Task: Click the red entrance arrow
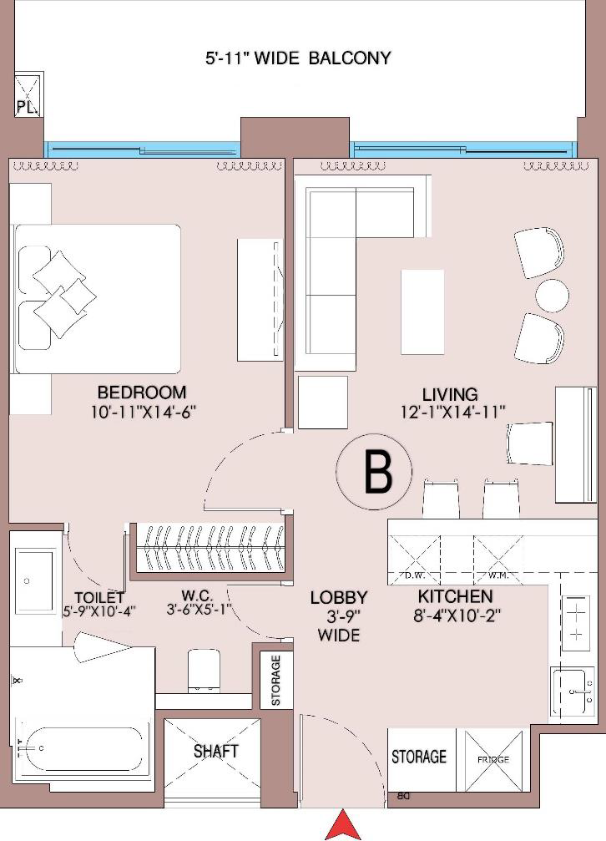point(343,826)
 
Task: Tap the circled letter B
point(374,472)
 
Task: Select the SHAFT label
point(215,751)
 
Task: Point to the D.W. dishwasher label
point(415,576)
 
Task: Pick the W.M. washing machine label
point(499,576)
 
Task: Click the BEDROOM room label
point(142,393)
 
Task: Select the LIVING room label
point(450,395)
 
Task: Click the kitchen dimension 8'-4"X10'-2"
point(457,616)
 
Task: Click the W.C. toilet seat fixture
point(204,671)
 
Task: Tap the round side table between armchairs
point(552,295)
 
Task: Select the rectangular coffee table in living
point(422,312)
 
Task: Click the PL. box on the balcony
point(28,94)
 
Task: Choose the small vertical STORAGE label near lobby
point(275,680)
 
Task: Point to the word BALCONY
point(350,58)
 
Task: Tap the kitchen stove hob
point(576,622)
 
